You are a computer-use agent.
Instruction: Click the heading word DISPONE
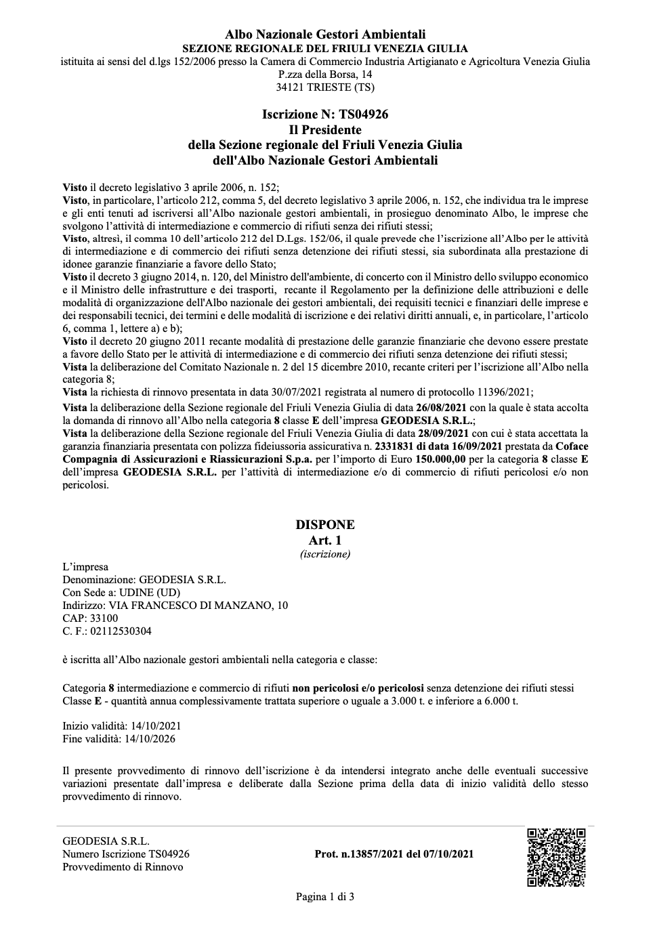[x=325, y=525]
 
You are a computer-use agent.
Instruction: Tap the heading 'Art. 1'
[x=325, y=540]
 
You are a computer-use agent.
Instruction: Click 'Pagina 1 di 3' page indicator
[x=325, y=897]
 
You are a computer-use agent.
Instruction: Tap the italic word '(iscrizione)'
[x=325, y=554]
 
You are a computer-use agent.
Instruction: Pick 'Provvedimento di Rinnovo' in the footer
[x=123, y=867]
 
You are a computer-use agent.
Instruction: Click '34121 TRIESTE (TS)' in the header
[x=325, y=87]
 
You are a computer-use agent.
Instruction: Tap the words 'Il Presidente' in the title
[x=325, y=129]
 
